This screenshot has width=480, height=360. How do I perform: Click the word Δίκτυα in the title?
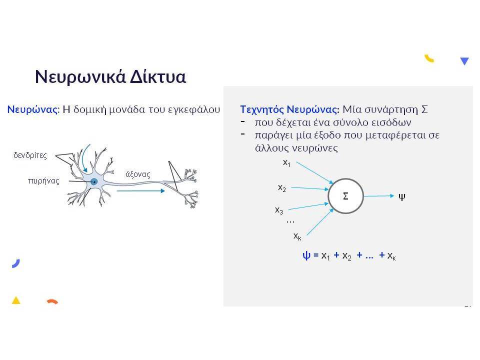pyautogui.click(x=158, y=76)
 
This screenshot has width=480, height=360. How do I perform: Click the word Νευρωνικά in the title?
pyautogui.click(x=80, y=76)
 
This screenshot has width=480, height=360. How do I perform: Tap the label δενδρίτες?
pyautogui.click(x=30, y=155)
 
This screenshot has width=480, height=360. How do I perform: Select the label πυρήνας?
pyautogui.click(x=43, y=181)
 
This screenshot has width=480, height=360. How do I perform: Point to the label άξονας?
pyautogui.click(x=138, y=174)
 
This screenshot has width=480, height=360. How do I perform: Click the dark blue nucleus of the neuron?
pyautogui.click(x=94, y=182)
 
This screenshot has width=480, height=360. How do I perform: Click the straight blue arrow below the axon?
pyautogui.click(x=141, y=190)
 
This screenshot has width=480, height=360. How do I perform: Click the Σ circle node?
pyautogui.click(x=345, y=196)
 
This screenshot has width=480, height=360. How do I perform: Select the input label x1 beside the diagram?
pyautogui.click(x=286, y=163)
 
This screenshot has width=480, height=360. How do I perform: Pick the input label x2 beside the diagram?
pyautogui.click(x=282, y=188)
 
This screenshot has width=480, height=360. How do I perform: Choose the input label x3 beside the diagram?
pyautogui.click(x=279, y=210)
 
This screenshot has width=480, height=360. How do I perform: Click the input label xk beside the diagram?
pyautogui.click(x=297, y=236)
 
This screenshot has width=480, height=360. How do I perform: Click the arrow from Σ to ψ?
pyautogui.click(x=379, y=195)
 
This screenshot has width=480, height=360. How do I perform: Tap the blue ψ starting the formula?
pyautogui.click(x=306, y=255)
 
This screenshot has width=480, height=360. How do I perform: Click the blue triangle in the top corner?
pyautogui.click(x=464, y=61)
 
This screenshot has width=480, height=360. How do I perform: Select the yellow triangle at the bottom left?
pyautogui.click(x=16, y=300)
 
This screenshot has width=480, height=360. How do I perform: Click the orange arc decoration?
pyautogui.click(x=52, y=301)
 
